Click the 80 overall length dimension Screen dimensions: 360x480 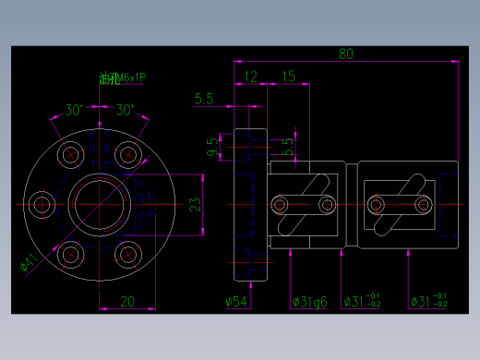click(x=346, y=54)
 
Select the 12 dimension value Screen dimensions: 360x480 click(x=250, y=77)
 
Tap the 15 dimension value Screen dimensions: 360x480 click(x=288, y=77)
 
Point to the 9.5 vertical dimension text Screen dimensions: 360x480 click(x=212, y=147)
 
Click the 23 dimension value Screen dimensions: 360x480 click(x=195, y=205)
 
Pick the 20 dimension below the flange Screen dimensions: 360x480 click(x=128, y=300)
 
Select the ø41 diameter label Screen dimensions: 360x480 click(x=29, y=262)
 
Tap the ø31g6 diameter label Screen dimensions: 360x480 click(x=308, y=301)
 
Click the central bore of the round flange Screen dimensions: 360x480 click(x=96, y=203)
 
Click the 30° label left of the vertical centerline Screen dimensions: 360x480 click(x=74, y=111)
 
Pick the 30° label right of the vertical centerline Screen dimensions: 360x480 click(x=126, y=111)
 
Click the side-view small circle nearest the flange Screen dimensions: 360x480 click(x=281, y=203)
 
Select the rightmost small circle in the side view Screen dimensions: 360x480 click(x=423, y=203)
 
